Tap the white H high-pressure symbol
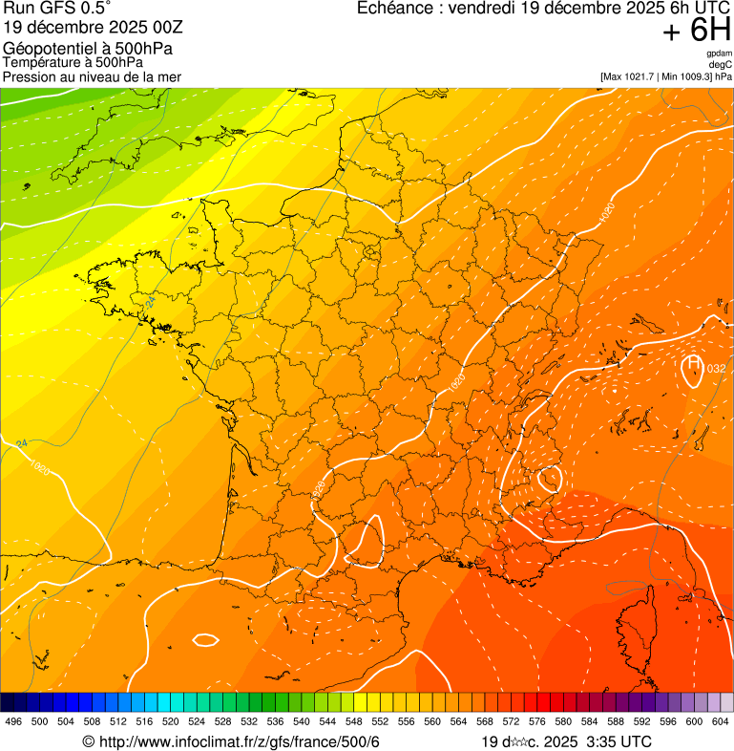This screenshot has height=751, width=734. coord(693,365)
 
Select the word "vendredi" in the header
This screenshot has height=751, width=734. coord(511,9)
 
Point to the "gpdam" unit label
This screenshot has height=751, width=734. coord(719,54)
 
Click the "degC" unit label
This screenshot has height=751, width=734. coord(721,64)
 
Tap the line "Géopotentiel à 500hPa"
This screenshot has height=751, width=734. coord(85,49)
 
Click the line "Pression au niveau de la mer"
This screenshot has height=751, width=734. coord(92,76)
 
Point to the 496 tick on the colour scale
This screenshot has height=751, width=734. coord(13,721)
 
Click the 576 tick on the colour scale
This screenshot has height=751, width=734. coord(536,721)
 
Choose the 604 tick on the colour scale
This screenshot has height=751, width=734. coord(721,721)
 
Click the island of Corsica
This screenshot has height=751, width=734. coord(638,621)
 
